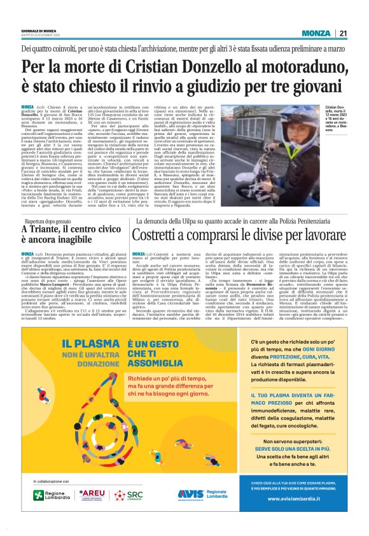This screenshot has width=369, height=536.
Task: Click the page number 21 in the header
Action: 343,34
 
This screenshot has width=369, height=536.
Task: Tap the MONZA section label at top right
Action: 316,34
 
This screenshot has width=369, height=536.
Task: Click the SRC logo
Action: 132,494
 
